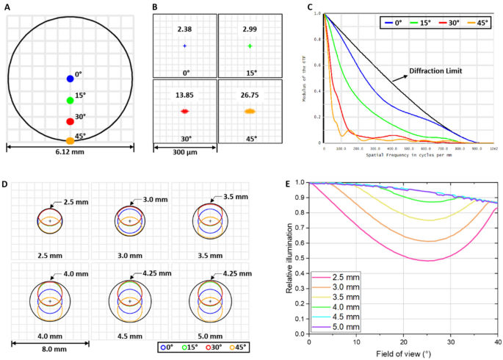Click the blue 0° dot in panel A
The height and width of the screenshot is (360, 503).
(x=70, y=79)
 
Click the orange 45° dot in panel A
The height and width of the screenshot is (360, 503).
(x=70, y=140)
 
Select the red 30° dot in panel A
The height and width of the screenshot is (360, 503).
(x=70, y=120)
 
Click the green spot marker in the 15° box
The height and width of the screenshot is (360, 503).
(x=250, y=46)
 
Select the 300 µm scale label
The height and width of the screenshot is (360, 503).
(x=184, y=157)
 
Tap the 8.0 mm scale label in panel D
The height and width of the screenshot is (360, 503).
(x=48, y=342)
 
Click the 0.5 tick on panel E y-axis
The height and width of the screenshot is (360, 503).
(x=301, y=258)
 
